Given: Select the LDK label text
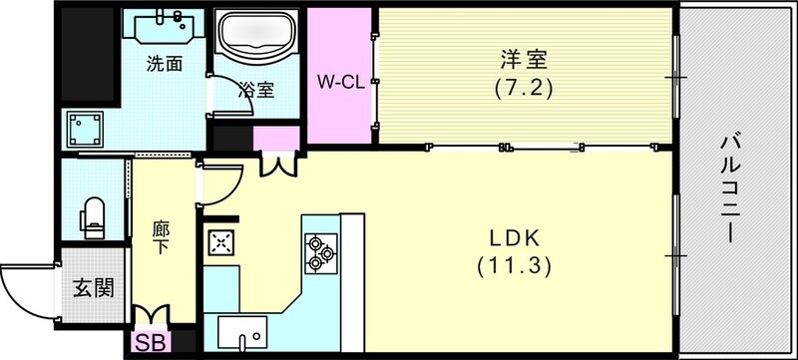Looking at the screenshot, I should point(514,239).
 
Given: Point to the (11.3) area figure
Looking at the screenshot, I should point(514,266).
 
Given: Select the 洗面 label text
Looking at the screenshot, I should point(164,66).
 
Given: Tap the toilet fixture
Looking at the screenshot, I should point(93,216).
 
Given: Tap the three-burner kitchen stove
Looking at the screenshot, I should point(320,252).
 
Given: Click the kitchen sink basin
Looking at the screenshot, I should point(237,330).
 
